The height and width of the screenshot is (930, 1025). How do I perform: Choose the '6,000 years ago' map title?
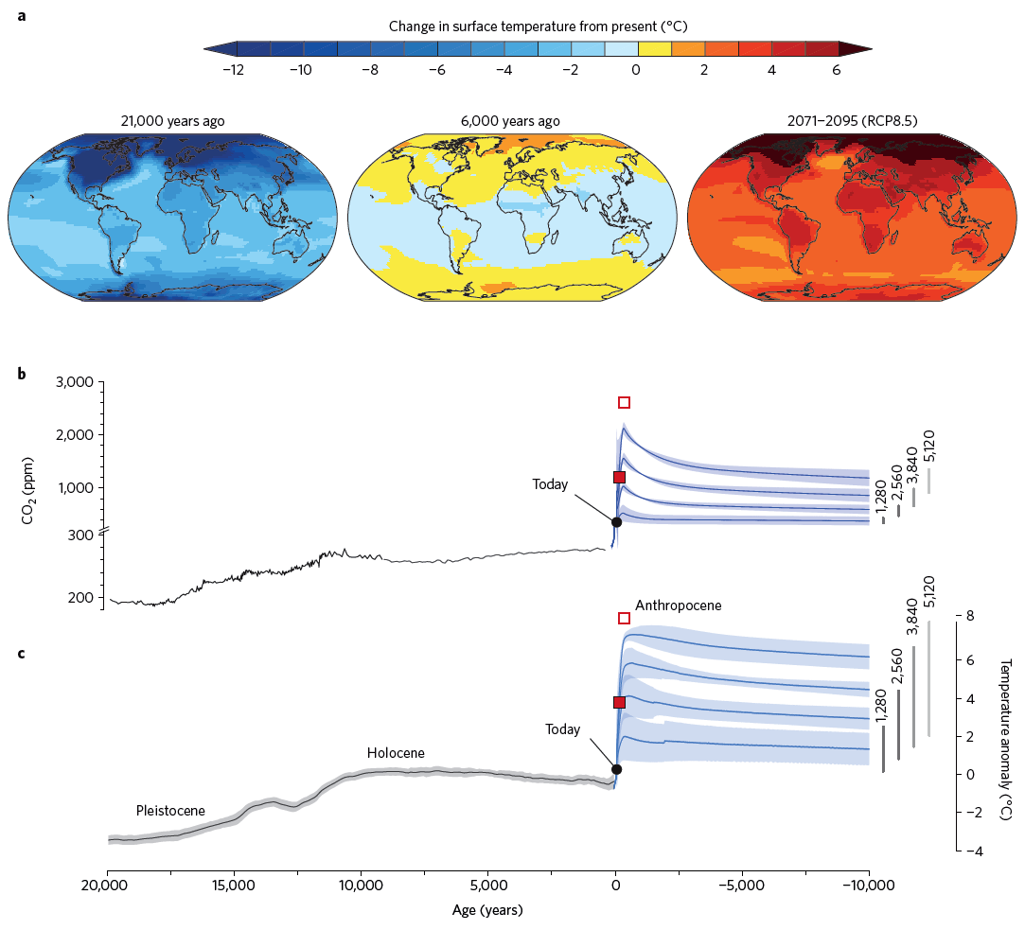(513, 121)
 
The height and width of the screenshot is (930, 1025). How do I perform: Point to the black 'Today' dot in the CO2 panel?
(616, 521)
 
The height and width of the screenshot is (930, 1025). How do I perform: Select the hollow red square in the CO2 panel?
(624, 402)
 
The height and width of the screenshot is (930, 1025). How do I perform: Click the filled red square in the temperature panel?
(620, 702)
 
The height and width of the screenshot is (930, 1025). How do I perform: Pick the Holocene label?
(396, 753)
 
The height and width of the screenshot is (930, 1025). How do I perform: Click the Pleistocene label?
(171, 811)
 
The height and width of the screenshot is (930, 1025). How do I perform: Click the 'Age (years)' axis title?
(488, 911)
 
